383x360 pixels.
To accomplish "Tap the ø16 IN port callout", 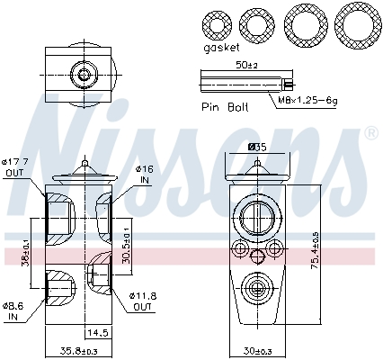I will pyautogui.click(x=143, y=174).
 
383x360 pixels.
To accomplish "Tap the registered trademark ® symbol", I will pyautogui.click(x=370, y=134).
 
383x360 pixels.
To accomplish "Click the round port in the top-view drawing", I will pyautogui.click(x=83, y=76).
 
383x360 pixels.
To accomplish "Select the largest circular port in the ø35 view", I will pyautogui.click(x=256, y=217).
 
